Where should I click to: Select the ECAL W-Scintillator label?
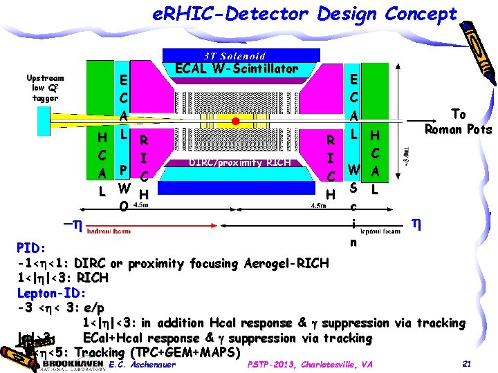[x=237, y=69]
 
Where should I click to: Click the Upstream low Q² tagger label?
[x=45, y=88]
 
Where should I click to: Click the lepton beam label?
[x=381, y=231]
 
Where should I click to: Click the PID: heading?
[x=32, y=248]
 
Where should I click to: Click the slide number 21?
[x=466, y=364]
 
